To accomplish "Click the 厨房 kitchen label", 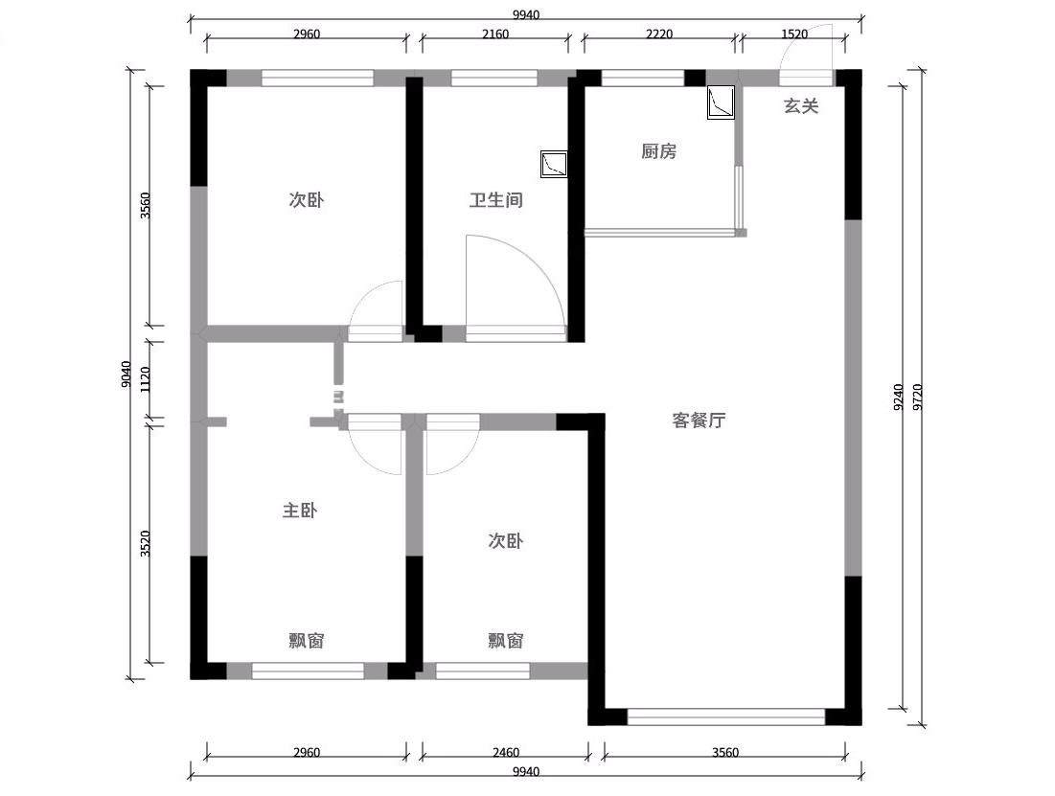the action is coord(658,151).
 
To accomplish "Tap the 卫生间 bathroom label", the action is coord(495,200).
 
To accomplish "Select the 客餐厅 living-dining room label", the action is coord(699,421).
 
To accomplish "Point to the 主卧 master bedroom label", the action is coord(299,511).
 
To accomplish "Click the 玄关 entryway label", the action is coord(801,105).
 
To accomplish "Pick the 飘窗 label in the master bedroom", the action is coord(307,641).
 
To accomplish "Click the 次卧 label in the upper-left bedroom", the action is coord(306,200).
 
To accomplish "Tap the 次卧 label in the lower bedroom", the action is coord(505,541).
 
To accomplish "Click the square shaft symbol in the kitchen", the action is coord(721,102).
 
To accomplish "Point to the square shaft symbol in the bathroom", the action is coord(554,164).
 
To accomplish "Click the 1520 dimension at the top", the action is coord(794,34).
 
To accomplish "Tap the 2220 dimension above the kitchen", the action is coord(659,34).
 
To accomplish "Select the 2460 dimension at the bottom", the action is coord(505,752).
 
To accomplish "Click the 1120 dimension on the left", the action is coord(145,381).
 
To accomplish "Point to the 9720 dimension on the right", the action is coord(918,397).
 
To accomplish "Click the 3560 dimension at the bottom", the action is coord(725,752).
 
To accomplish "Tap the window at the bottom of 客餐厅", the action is coord(726,716).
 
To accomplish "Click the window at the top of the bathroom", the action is coord(494,78).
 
